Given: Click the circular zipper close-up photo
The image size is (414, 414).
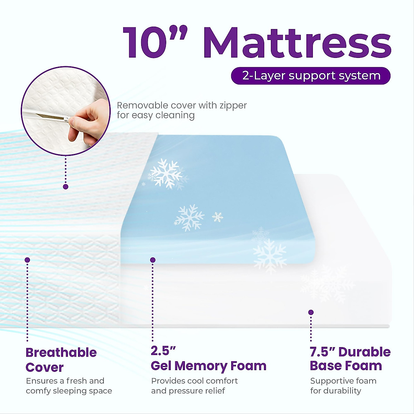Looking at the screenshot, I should pyautogui.click(x=66, y=110).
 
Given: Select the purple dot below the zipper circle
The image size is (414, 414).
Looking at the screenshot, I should pyautogui.click(x=66, y=187).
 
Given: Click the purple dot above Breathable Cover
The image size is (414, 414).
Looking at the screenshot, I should pyautogui.click(x=27, y=260).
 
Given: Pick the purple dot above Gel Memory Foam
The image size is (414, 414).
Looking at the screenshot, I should pyautogui.click(x=153, y=260).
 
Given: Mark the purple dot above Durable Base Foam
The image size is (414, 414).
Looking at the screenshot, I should pyautogui.click(x=311, y=312).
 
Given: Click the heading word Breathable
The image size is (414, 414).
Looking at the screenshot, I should pyautogui.click(x=61, y=353).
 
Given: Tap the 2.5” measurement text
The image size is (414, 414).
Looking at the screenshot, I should pyautogui.click(x=163, y=351).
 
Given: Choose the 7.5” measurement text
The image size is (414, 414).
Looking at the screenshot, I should pyautogui.click(x=323, y=352).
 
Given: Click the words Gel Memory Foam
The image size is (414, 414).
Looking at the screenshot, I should pyautogui.click(x=208, y=366).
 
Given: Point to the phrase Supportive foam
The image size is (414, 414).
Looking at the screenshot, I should pyautogui.click(x=343, y=381).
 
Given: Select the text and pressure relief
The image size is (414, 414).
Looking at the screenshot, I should pyautogui.click(x=188, y=391).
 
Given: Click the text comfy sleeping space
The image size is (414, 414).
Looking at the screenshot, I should pyautogui.click(x=69, y=391).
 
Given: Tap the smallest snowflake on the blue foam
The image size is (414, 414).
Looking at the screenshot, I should pyautogui.click(x=144, y=184).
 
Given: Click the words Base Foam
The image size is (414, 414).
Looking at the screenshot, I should pyautogui.click(x=346, y=366).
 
